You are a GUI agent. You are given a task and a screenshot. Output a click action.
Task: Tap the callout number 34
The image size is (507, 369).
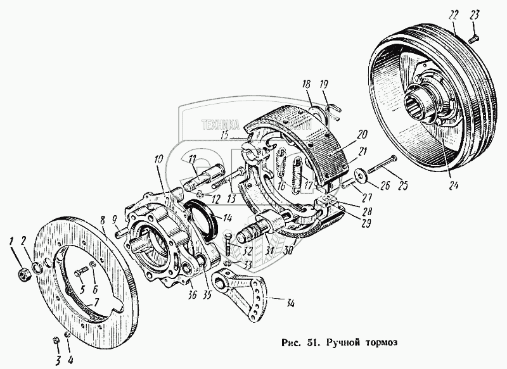tap(290, 304)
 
